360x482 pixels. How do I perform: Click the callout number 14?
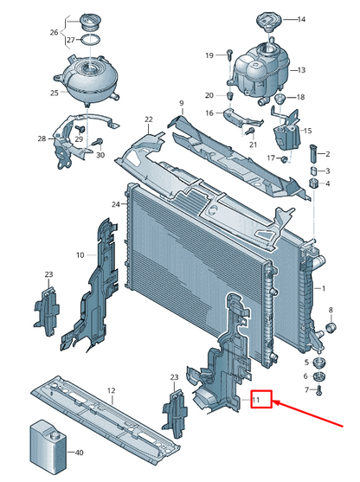pos(301,19)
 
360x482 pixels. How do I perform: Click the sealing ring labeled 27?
pos(90,40)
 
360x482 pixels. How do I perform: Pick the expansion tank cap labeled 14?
pos(269,21)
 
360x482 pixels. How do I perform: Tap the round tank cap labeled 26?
pos(90,22)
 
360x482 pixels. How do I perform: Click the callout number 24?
pos(116,204)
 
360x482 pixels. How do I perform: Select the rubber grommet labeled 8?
pos(331,328)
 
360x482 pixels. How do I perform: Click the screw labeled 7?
pos(318,390)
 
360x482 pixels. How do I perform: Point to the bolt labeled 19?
pos(229,55)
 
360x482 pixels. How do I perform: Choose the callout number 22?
pos(149,119)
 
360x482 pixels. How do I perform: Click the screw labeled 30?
pos(99,142)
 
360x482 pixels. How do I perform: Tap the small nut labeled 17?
pos(285,159)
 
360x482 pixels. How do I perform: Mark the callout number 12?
pos(112,390)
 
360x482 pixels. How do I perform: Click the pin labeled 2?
pos(313,153)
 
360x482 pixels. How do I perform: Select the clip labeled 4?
pos(313,183)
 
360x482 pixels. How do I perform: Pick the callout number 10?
pos(80,255)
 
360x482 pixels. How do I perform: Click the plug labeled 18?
pos(280,99)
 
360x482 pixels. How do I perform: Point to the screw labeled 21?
pos(251,132)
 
